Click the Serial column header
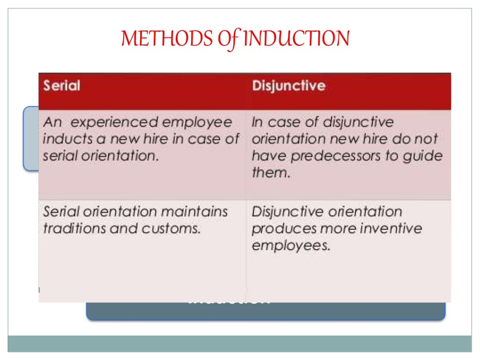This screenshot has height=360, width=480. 61,86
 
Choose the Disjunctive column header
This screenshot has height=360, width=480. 288,86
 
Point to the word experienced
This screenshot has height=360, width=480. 108,122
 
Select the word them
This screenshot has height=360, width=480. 270,173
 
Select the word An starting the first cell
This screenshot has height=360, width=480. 52,122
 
